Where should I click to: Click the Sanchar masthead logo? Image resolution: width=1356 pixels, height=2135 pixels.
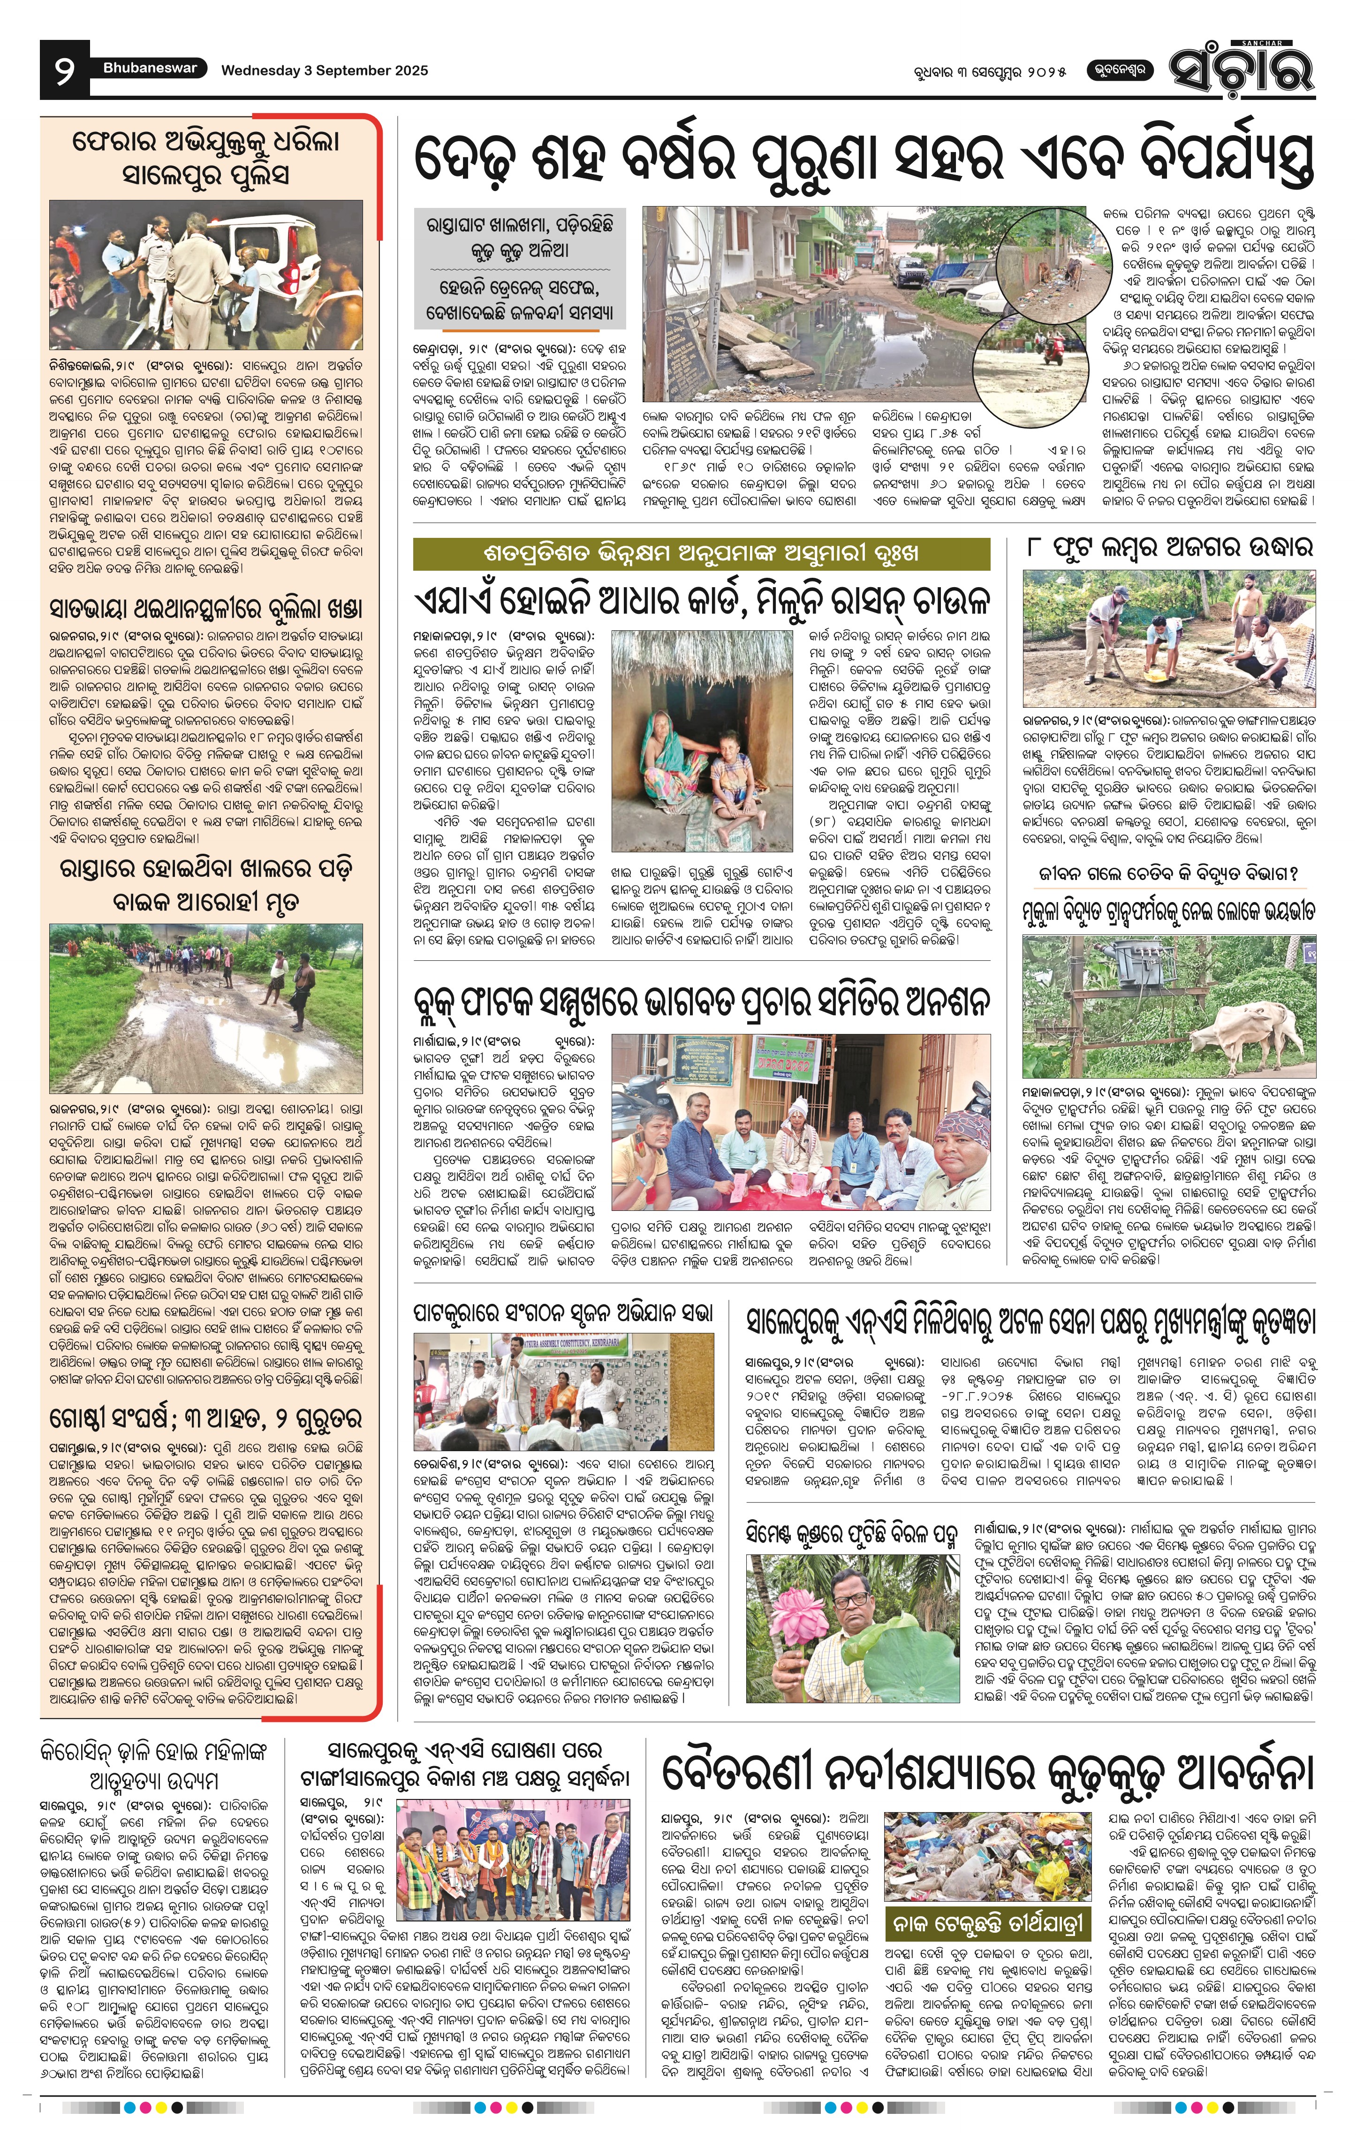1240,68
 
